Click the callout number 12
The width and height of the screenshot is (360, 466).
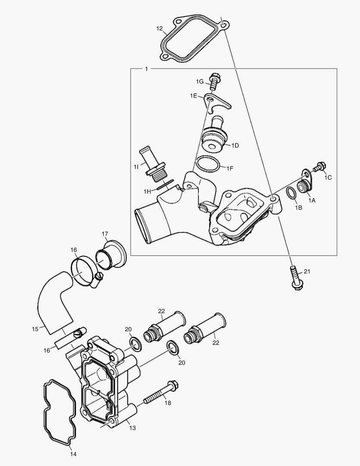pyautogui.click(x=159, y=29)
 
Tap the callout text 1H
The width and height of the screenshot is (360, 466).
pyautogui.click(x=147, y=191)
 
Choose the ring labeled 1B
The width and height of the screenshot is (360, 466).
pyautogui.click(x=292, y=193)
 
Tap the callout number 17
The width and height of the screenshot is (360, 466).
pyautogui.click(x=105, y=234)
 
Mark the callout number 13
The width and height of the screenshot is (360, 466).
pyautogui.click(x=132, y=428)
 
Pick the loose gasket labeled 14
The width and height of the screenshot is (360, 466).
pyautogui.click(x=59, y=412)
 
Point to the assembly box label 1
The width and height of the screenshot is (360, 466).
pyautogui.click(x=146, y=69)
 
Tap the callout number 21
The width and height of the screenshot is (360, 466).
pyautogui.click(x=307, y=271)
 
